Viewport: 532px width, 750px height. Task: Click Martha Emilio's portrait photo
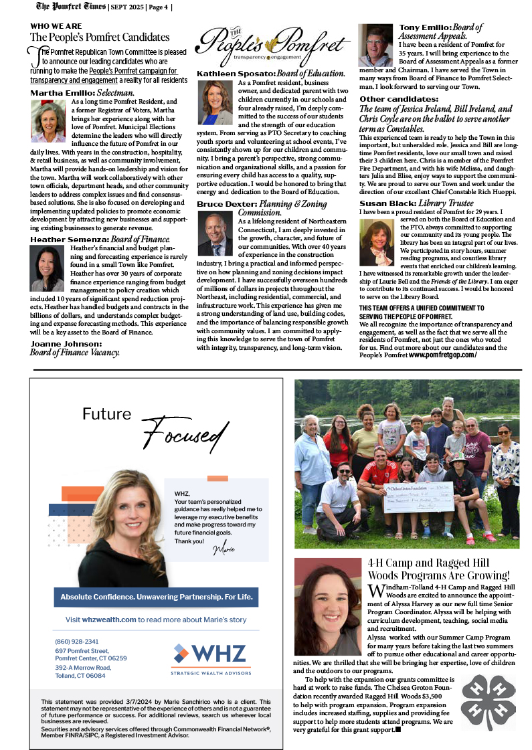click(48, 122)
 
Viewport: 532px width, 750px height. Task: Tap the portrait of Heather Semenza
click(48, 268)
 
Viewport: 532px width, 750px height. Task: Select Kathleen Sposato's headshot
click(215, 102)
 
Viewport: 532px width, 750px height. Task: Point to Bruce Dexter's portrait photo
click(215, 233)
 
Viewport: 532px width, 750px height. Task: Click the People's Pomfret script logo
click(272, 43)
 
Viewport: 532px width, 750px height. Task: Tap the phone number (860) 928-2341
click(77, 641)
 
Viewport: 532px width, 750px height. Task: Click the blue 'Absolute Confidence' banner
click(156, 596)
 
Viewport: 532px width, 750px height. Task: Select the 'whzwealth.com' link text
click(110, 620)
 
